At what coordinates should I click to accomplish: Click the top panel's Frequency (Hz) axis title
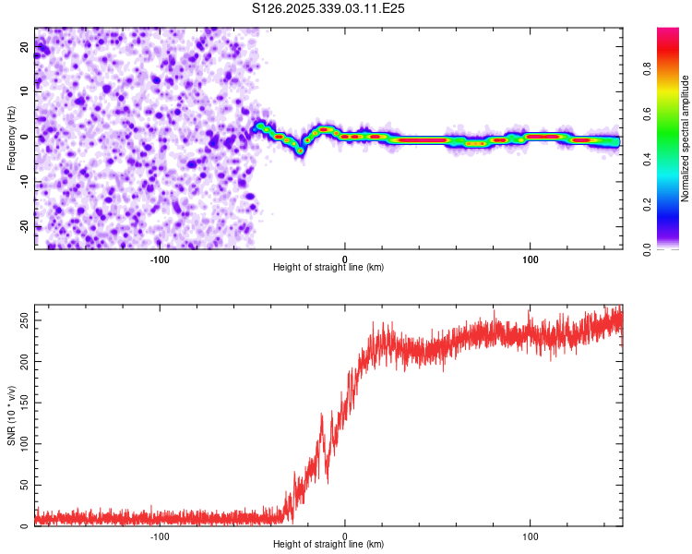point(11,138)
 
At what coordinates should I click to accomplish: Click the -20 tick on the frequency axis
point(23,226)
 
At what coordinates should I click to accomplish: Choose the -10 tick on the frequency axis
point(23,182)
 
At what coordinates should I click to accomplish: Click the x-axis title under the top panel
point(328,267)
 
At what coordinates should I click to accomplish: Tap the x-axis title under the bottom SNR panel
point(328,544)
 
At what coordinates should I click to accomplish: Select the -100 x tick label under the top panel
point(159,258)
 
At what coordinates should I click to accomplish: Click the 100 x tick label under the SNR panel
point(531,535)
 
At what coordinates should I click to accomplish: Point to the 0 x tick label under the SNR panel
point(345,535)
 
